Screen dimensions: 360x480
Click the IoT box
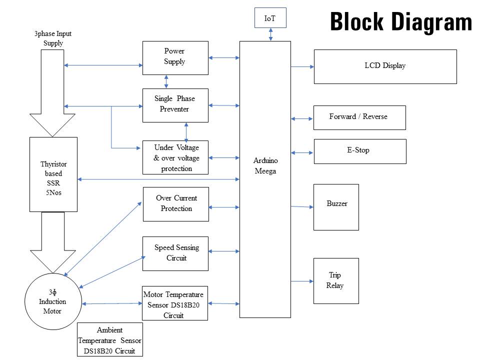point(270,18)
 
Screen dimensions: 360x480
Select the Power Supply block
point(174,58)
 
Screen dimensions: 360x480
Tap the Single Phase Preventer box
point(175,105)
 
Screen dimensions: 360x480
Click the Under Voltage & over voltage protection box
point(175,157)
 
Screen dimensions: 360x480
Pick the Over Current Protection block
point(176,204)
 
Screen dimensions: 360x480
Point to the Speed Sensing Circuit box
point(175,253)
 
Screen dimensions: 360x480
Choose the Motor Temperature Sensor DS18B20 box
point(174,303)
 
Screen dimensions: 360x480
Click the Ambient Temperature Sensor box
point(110,340)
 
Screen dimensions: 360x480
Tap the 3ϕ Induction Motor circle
point(52,301)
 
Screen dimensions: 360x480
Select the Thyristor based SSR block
point(53,174)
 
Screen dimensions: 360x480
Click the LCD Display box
point(385,66)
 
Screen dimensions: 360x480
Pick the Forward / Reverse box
point(359,117)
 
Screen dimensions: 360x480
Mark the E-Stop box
point(359,151)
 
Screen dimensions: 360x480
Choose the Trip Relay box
point(336,280)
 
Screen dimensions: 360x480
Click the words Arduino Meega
point(265,166)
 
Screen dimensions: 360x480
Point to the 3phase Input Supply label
point(53,38)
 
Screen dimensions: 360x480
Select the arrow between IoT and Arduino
point(270,34)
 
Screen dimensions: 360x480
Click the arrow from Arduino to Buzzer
point(302,206)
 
